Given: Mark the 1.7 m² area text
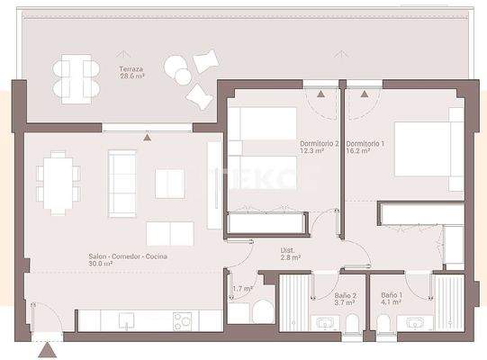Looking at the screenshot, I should point(241,290).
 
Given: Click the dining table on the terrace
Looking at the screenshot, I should point(73,76).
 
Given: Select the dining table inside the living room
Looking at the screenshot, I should point(58,182).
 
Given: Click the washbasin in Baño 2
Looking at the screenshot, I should point(325,324).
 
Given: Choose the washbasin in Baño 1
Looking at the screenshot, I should point(415,324).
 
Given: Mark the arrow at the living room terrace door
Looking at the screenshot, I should point(148,137).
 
